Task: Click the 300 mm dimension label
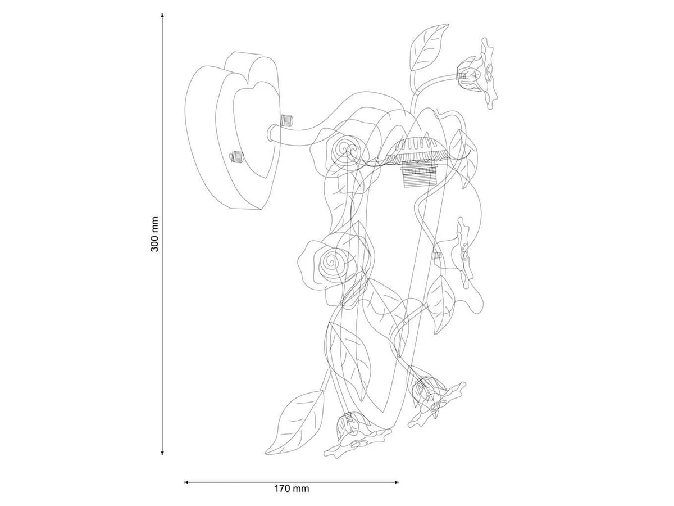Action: point(155,234)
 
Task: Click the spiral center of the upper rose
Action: point(344,149)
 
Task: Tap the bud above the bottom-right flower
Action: point(421,387)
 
